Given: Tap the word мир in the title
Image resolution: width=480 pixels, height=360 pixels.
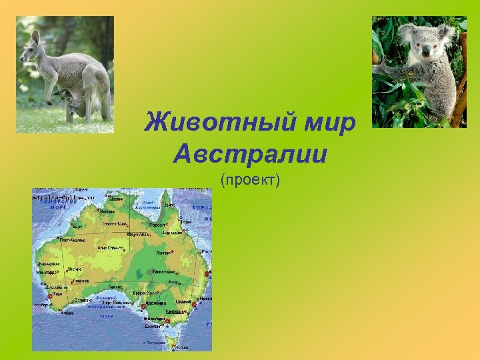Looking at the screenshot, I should pos(332,123).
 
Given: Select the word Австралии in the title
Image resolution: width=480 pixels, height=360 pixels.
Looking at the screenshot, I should pos(250,155).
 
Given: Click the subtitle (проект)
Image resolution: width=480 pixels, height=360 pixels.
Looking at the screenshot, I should pos(250,179).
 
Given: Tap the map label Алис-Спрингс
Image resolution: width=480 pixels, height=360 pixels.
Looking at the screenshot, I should pos(111,248).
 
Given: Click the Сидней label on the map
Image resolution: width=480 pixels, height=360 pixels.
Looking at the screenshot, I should pos(193,302).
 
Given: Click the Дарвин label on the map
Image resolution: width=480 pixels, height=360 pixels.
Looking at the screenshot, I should pos(116,199).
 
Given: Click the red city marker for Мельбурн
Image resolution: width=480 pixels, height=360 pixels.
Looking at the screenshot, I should pos(168,321).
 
